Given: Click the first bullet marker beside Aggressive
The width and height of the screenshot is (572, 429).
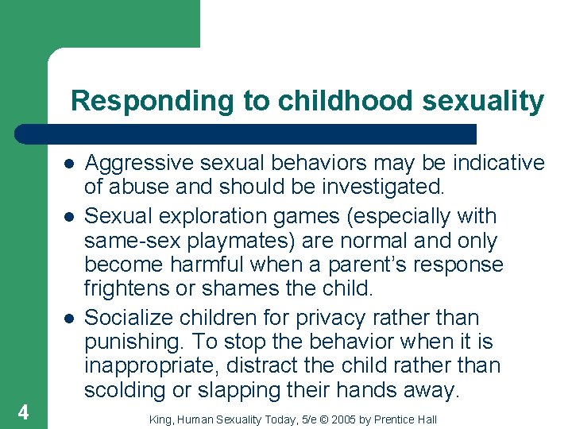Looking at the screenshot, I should pyautogui.click(x=70, y=164).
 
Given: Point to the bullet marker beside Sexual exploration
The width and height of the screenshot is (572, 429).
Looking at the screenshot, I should pyautogui.click(x=70, y=216).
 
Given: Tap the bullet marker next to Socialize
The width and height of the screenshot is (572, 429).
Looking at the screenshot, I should pyautogui.click(x=70, y=318).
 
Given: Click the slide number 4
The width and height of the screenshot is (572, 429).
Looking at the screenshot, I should pyautogui.click(x=23, y=412).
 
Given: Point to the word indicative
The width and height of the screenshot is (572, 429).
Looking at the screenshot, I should pyautogui.click(x=499, y=163).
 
